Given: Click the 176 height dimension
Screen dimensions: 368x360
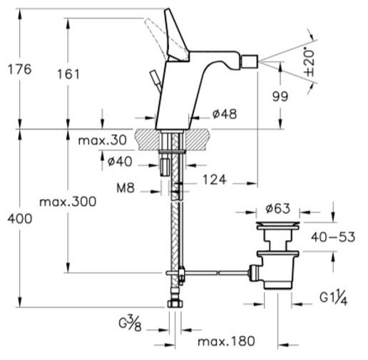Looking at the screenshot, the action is point(20,69).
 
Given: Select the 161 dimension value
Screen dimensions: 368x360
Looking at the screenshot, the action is point(68,74).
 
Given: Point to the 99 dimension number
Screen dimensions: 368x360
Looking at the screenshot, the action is point(280,96).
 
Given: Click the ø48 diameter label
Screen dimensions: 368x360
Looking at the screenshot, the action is point(225,114).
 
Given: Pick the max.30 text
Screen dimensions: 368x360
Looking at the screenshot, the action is point(102,140).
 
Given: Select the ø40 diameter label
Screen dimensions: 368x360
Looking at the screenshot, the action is point(120,162).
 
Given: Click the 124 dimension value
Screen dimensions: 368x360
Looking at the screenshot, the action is point(215,180).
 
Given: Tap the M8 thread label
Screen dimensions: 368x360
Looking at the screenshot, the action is point(126,188).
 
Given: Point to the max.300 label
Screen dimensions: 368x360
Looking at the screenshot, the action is point(68,202).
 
